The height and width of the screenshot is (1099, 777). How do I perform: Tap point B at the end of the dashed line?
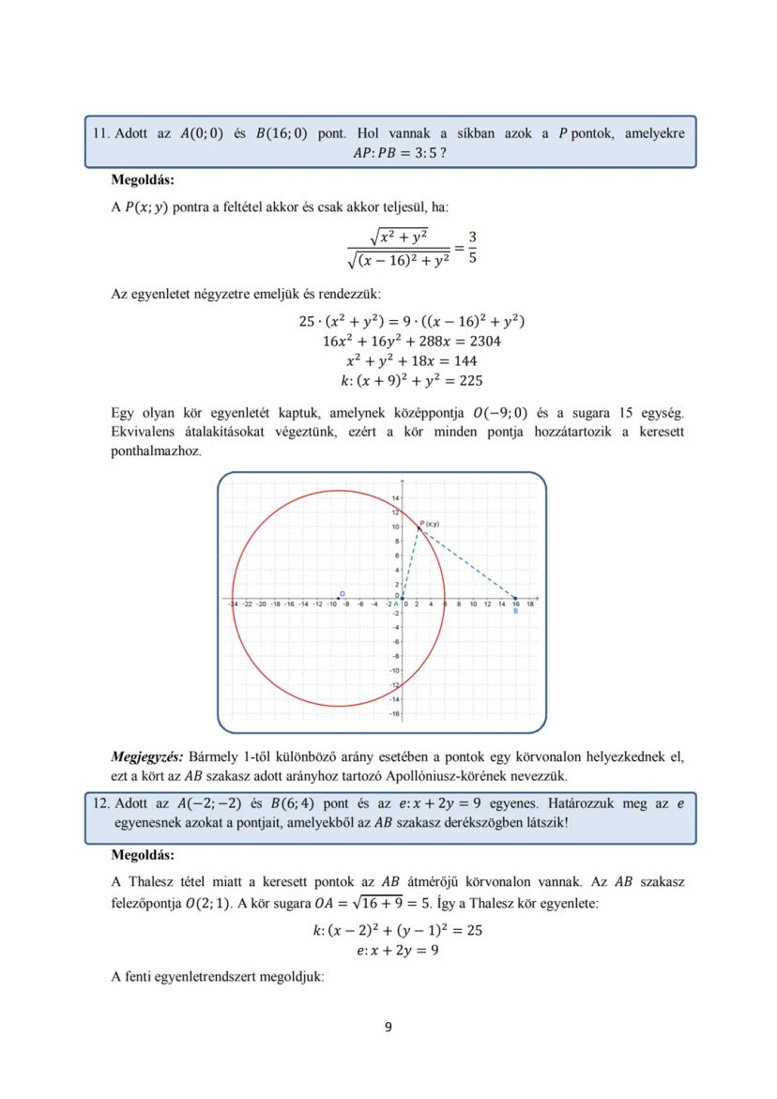[x=515, y=598]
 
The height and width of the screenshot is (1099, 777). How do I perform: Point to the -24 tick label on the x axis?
[x=233, y=604]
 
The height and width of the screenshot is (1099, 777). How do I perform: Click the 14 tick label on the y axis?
[x=395, y=497]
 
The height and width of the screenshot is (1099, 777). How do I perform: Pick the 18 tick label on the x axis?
[x=530, y=604]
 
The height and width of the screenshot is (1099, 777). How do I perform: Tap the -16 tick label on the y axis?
[x=394, y=713]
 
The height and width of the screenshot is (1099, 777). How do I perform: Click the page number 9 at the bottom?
[x=388, y=1026]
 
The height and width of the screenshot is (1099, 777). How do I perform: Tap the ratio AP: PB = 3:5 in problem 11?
[x=393, y=153]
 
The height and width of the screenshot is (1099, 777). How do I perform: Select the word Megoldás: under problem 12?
[x=142, y=855]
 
